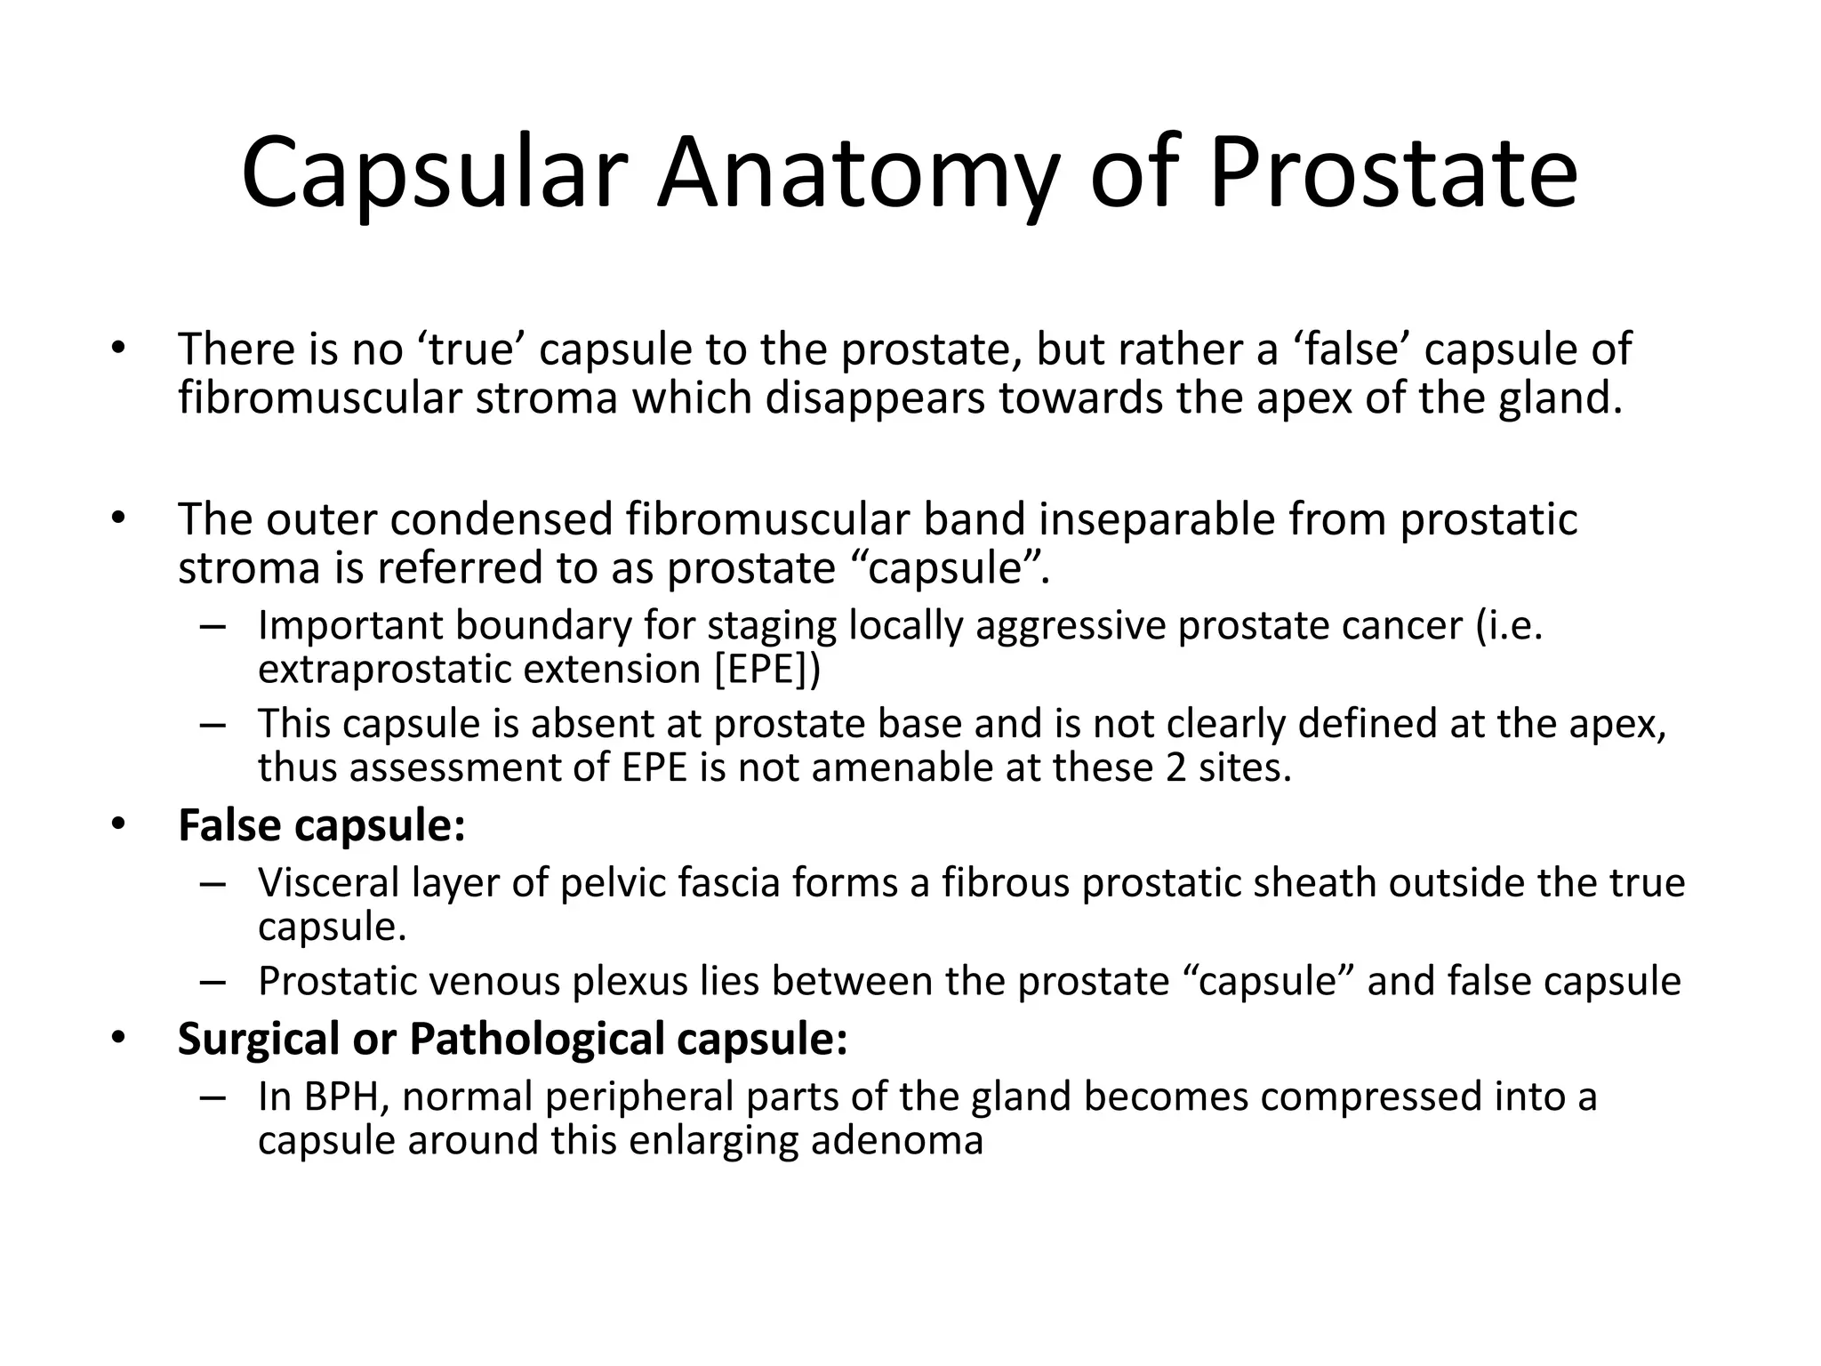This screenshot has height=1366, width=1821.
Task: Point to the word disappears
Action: click(875, 398)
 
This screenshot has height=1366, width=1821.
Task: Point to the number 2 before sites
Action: click(1175, 767)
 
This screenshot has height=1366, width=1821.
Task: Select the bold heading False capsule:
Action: click(322, 825)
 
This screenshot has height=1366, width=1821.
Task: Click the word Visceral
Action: click(327, 883)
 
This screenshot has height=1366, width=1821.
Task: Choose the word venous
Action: click(501, 981)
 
